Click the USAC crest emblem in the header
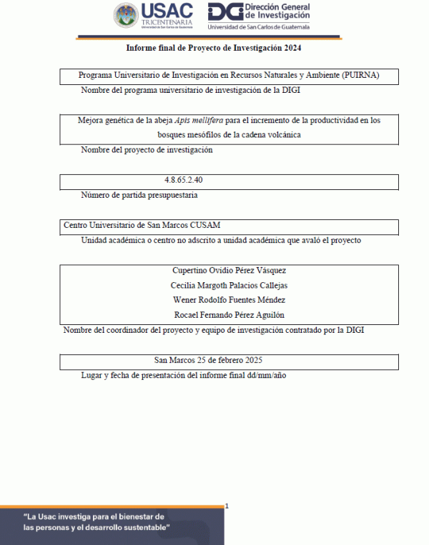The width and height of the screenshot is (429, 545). coord(126,16)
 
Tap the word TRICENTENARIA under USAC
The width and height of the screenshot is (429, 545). coord(167,22)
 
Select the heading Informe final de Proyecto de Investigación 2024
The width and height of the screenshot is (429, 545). coord(214,48)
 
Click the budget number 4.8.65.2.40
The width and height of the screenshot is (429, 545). coord(188,180)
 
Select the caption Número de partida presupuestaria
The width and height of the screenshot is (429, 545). coord(139,194)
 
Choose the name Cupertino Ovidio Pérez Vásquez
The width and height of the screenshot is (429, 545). coord(230,270)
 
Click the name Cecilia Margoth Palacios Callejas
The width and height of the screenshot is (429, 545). coord(230,285)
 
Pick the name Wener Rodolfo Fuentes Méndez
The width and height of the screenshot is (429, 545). coord(230,300)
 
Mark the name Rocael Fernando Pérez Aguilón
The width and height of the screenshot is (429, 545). coord(230,315)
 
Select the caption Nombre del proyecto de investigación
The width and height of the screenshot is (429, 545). coord(147,150)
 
